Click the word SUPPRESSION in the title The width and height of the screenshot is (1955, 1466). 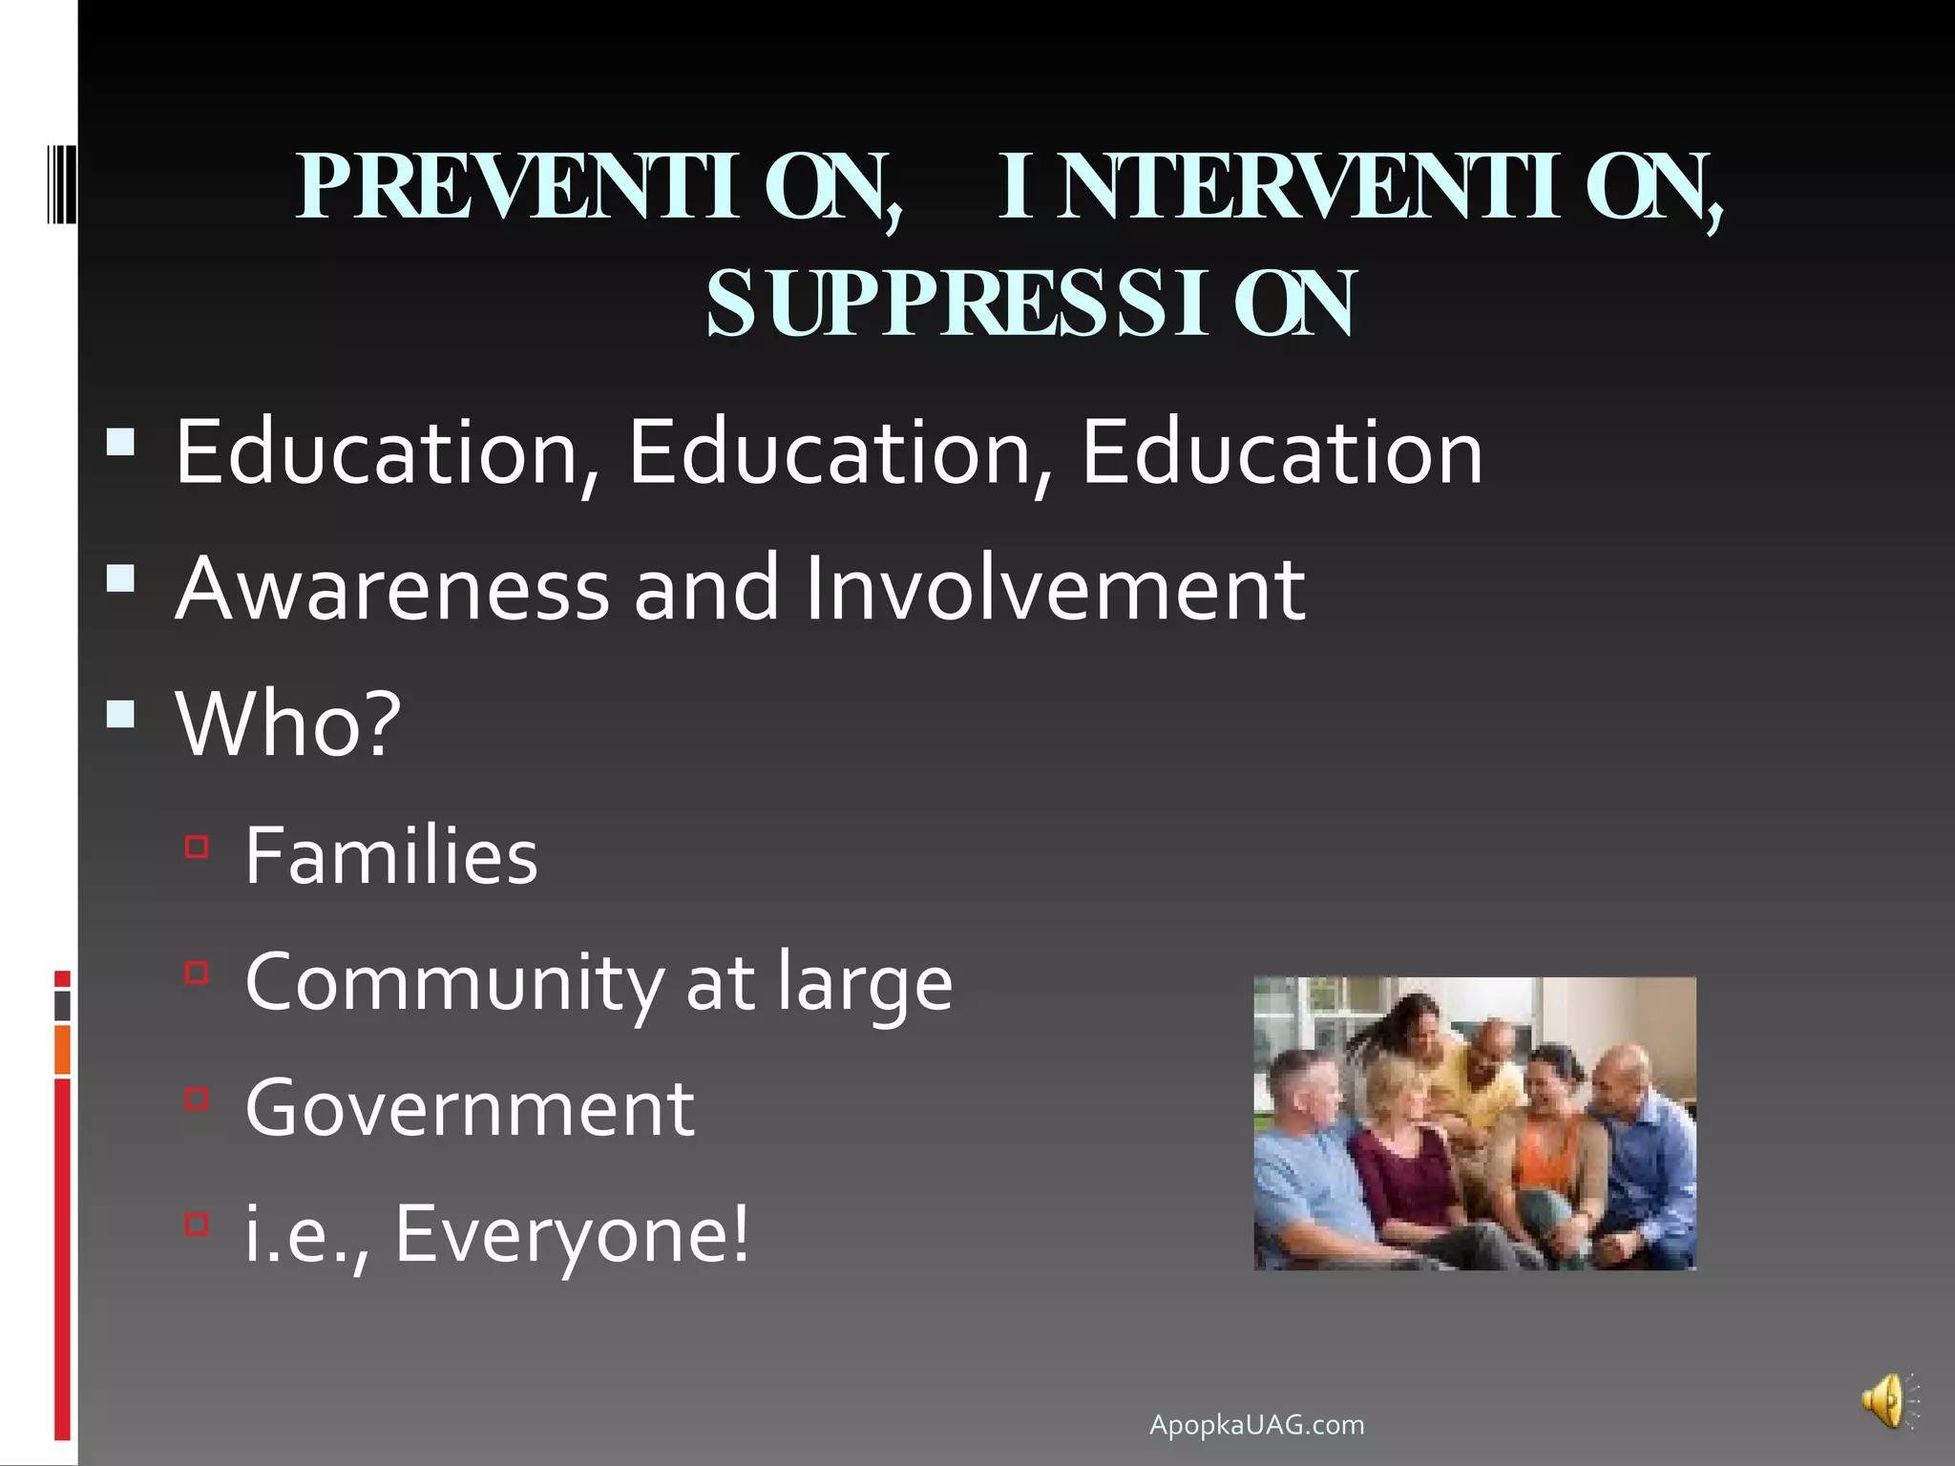coord(1029,304)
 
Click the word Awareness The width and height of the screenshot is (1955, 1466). coord(392,589)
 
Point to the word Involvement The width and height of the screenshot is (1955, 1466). coord(1055,589)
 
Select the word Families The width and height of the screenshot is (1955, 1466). coord(391,856)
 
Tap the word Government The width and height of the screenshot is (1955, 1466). coord(470,1108)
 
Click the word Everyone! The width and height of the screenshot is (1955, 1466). coord(573,1234)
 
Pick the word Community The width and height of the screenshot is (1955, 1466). coord(452,983)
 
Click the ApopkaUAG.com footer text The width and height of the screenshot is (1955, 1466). coord(1256,1425)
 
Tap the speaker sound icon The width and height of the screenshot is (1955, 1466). coord(1885,1402)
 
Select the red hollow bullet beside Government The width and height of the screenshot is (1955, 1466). coord(197,1099)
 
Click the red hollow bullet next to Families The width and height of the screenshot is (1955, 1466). coord(197,847)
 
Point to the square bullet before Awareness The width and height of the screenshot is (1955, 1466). coord(121,578)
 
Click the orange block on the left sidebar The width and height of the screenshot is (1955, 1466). coord(62,1049)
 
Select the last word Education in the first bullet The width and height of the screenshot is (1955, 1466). coord(1281,453)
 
